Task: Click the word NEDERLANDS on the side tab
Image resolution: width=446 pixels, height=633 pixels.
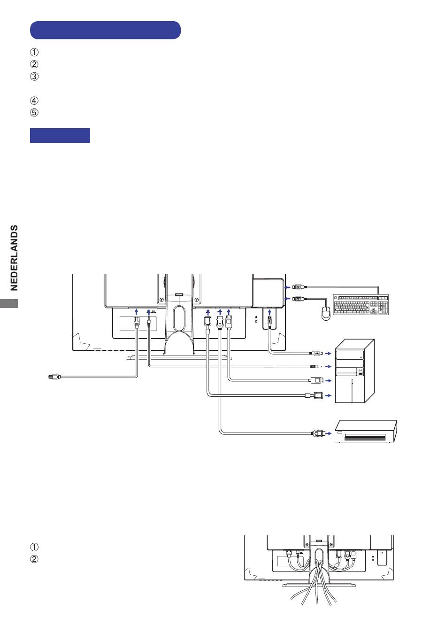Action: coord(14,257)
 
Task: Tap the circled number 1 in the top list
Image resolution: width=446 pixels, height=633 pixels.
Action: coord(34,52)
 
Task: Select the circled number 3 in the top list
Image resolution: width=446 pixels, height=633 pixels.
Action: coord(34,76)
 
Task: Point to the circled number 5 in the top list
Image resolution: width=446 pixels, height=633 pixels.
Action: coord(34,113)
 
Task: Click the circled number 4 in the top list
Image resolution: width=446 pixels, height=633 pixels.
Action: coord(34,100)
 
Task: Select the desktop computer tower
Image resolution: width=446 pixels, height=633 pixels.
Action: coord(354,371)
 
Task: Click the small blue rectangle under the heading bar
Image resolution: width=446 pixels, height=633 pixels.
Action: coord(60,135)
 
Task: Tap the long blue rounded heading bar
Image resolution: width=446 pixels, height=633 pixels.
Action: coord(105,30)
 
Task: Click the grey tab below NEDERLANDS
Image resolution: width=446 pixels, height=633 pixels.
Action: coord(9,303)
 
